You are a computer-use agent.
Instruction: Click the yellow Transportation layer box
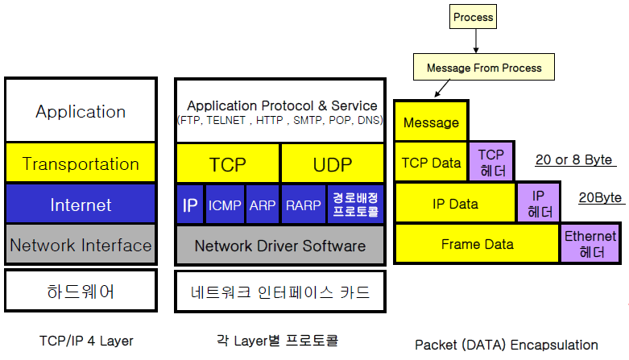(x=81, y=163)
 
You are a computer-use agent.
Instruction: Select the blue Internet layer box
(x=81, y=204)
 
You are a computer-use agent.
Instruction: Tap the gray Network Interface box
(x=81, y=244)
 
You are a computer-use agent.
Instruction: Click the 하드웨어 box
(x=81, y=291)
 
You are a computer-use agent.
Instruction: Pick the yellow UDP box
(x=333, y=163)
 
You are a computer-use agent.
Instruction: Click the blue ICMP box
(x=225, y=205)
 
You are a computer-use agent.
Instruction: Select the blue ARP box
(x=263, y=205)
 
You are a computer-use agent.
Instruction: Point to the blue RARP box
(x=304, y=205)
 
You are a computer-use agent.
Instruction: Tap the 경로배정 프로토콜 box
(x=355, y=205)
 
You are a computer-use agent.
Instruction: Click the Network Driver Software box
(x=280, y=245)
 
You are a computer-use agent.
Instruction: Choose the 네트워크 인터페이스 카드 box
(x=280, y=292)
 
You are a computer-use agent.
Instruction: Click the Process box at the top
(x=473, y=16)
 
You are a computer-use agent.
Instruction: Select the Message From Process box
(x=484, y=67)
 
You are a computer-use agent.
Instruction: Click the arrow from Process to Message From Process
(x=476, y=41)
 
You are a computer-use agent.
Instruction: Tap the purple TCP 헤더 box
(x=491, y=162)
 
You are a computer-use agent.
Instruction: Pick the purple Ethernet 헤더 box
(x=590, y=243)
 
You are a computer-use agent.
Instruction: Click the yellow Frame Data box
(x=477, y=243)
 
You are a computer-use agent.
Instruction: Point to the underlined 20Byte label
(x=601, y=198)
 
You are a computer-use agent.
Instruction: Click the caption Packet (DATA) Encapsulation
(x=507, y=345)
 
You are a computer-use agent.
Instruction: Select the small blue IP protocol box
(x=190, y=205)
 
